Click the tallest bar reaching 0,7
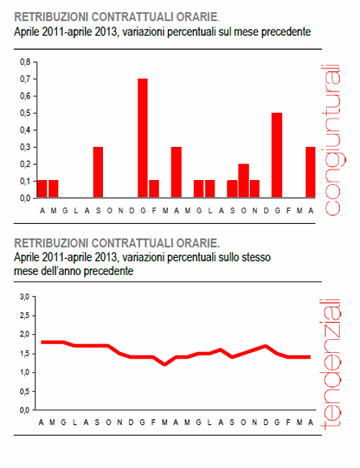pyautogui.click(x=143, y=138)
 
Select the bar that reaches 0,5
pyautogui.click(x=276, y=155)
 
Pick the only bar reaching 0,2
pyautogui.click(x=243, y=181)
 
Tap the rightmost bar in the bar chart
pyautogui.click(x=310, y=172)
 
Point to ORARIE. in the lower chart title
pyautogui.click(x=200, y=241)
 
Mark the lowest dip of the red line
pyautogui.click(x=165, y=364)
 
